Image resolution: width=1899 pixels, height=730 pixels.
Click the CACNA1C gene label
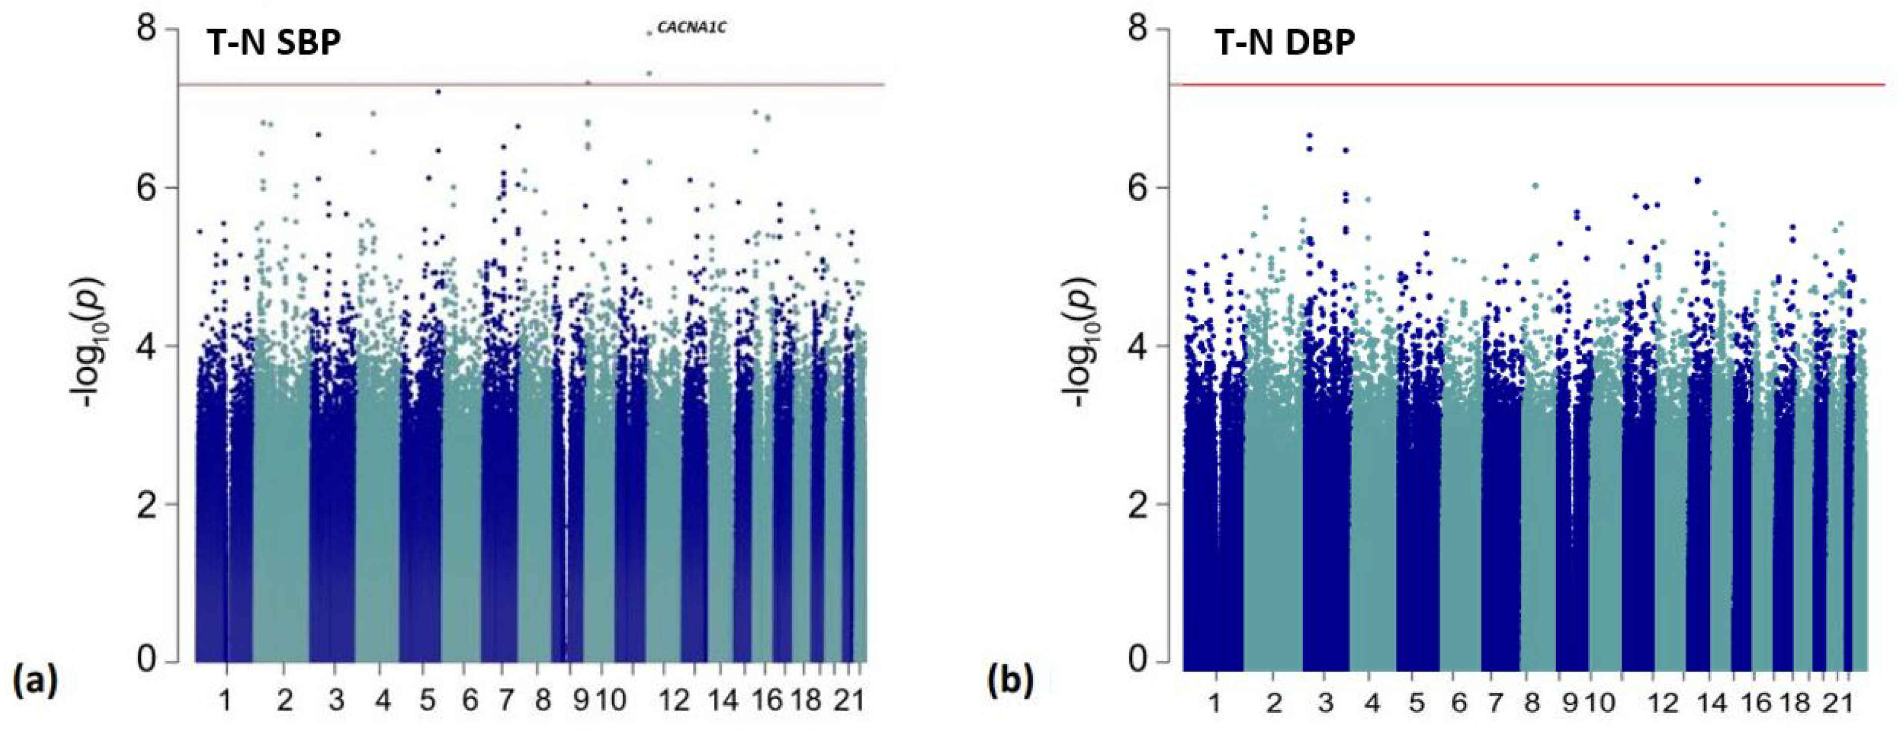click(691, 29)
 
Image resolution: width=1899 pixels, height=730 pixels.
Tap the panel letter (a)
click(35, 679)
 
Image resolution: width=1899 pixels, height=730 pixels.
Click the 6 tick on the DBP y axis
click(1141, 187)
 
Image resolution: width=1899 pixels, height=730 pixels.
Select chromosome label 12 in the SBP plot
click(673, 700)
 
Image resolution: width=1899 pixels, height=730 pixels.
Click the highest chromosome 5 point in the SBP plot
click(438, 92)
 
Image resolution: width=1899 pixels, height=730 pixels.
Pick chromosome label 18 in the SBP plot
click(807, 700)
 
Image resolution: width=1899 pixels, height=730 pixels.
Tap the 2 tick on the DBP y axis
click(1141, 504)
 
